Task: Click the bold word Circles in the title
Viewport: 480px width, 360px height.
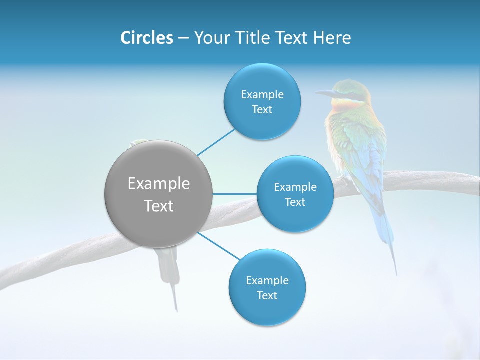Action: click(x=146, y=38)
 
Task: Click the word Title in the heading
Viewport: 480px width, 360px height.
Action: click(x=252, y=38)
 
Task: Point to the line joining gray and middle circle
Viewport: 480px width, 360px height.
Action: click(x=235, y=194)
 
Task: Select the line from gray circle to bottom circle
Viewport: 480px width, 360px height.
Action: click(x=219, y=246)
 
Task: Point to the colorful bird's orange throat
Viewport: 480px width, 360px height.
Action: click(x=340, y=106)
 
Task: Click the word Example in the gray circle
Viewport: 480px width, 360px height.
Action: click(x=159, y=184)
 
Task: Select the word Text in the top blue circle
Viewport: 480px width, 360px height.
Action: click(x=262, y=110)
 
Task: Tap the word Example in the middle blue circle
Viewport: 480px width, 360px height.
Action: click(x=295, y=187)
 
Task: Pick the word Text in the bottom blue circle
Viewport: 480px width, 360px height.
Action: click(x=267, y=296)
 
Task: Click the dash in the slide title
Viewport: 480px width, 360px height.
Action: click(x=183, y=38)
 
